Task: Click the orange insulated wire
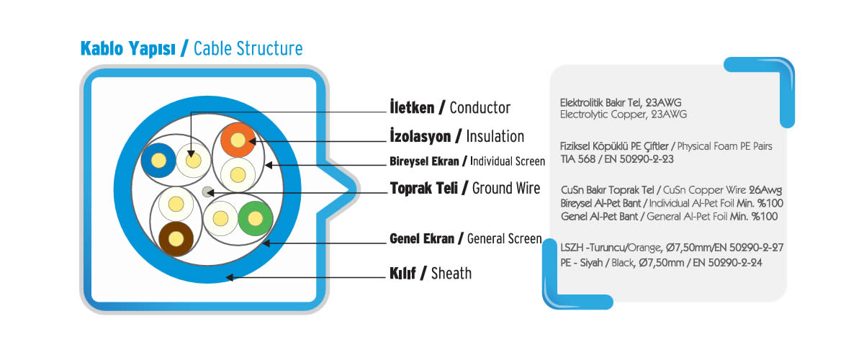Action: tap(238, 140)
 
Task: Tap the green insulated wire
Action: tap(256, 219)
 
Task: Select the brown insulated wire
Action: tap(176, 239)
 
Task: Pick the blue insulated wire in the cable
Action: tap(158, 161)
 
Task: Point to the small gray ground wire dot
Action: tap(207, 192)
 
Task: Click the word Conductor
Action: tap(480, 108)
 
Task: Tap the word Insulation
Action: tap(495, 136)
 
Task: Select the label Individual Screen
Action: tap(507, 161)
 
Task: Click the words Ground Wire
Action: tap(506, 189)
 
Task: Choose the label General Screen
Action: tap(504, 239)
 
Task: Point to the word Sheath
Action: tap(451, 273)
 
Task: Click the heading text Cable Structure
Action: tap(248, 49)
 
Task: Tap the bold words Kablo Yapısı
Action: tap(127, 49)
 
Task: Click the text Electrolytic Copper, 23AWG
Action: tap(624, 114)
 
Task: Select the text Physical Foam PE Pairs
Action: tap(724, 146)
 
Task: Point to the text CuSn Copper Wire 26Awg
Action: tap(722, 190)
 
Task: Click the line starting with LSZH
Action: tap(672, 248)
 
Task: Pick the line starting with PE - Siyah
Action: tap(661, 263)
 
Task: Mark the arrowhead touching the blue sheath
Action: tap(230, 277)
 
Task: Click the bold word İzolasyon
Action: tap(420, 136)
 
